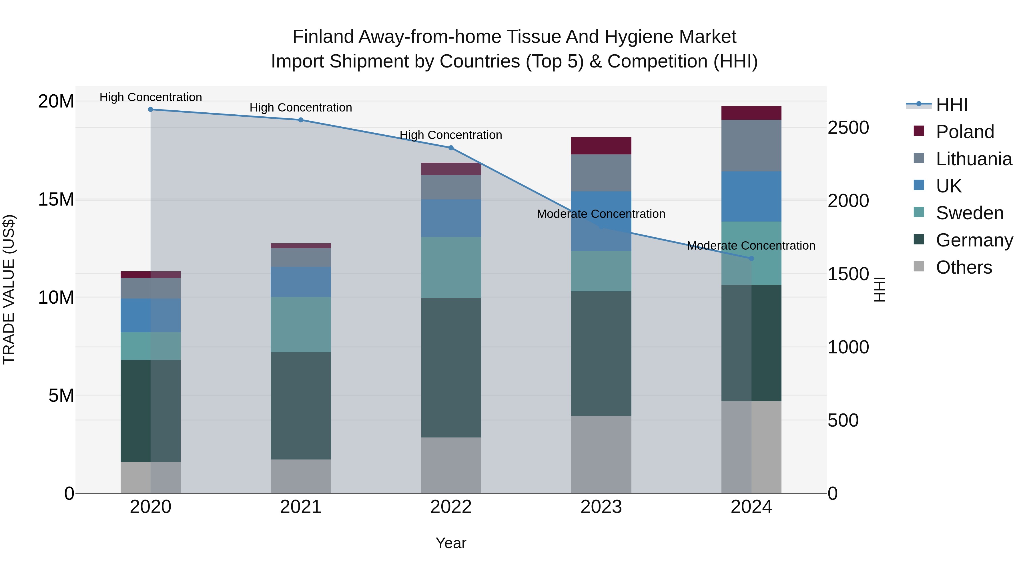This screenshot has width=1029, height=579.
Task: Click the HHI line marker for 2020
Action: (151, 110)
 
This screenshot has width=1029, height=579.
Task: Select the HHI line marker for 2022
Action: (451, 148)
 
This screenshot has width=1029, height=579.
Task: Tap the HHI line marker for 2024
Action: (751, 258)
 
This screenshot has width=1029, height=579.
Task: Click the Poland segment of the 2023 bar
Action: (601, 146)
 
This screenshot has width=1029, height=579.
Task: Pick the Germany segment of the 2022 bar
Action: (451, 368)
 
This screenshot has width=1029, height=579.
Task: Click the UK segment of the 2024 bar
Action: (751, 197)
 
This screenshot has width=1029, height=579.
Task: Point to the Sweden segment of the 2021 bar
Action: (301, 325)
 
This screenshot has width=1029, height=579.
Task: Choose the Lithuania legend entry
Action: (974, 159)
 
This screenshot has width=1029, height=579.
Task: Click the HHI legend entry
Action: (952, 105)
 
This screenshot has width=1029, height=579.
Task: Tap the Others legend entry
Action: (964, 267)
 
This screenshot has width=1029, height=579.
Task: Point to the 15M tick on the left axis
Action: (56, 199)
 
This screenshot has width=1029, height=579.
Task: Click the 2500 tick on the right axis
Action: (848, 128)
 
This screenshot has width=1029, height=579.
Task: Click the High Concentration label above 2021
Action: (301, 108)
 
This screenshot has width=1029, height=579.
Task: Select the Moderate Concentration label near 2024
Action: (751, 246)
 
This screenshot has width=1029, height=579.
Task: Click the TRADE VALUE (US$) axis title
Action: (9, 290)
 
